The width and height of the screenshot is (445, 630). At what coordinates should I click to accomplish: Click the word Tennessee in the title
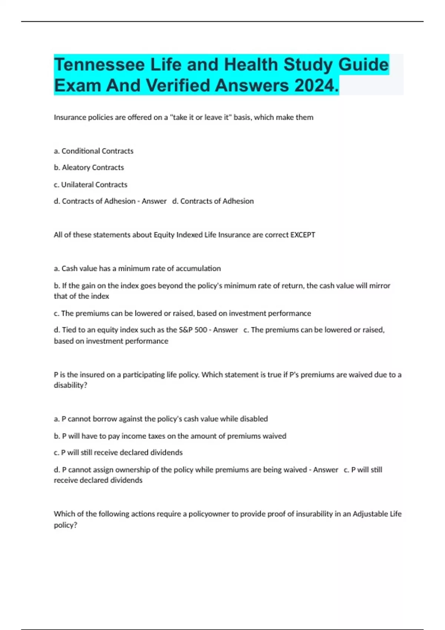(99, 65)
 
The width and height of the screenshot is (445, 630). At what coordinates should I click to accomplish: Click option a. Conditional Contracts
(93, 151)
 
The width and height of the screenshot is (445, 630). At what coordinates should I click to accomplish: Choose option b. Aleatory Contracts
(89, 168)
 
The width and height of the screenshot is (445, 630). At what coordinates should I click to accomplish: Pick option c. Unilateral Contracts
(90, 185)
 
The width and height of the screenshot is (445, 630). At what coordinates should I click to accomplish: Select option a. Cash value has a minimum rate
(137, 269)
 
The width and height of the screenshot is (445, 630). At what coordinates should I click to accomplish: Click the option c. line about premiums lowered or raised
(182, 314)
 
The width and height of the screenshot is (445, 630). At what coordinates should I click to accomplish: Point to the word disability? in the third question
(70, 385)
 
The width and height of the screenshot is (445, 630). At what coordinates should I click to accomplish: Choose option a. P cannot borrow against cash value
(161, 419)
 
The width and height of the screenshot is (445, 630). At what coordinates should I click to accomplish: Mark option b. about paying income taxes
(170, 436)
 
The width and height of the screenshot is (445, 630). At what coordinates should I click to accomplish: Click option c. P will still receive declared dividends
(118, 452)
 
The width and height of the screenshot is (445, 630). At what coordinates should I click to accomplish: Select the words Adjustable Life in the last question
(377, 514)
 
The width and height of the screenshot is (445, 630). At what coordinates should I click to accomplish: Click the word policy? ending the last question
(65, 525)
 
